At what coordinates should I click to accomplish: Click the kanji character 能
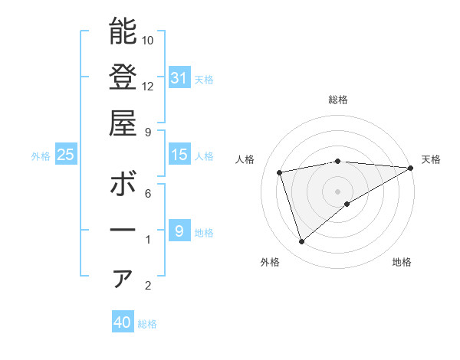[x=123, y=31]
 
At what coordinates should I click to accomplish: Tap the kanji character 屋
[x=123, y=123]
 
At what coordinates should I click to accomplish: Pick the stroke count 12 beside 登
[x=148, y=86]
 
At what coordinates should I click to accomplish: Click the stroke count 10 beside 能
[x=148, y=40]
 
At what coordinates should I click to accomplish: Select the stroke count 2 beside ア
[x=148, y=286]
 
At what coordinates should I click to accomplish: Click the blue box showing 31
[x=179, y=77]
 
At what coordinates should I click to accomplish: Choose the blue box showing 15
[x=179, y=155]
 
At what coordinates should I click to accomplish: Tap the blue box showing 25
[x=66, y=155]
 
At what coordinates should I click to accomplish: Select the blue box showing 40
[x=123, y=322]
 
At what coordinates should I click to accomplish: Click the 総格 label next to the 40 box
[x=147, y=324]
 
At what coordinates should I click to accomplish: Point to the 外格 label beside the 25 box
[x=41, y=156]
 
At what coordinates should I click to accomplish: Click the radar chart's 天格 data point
[x=411, y=167]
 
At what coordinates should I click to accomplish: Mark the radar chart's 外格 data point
[x=301, y=242]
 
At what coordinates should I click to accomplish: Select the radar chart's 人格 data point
[x=280, y=172]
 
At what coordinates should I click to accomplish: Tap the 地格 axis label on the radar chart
[x=402, y=263]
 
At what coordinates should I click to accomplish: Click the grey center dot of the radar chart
[x=337, y=190]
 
